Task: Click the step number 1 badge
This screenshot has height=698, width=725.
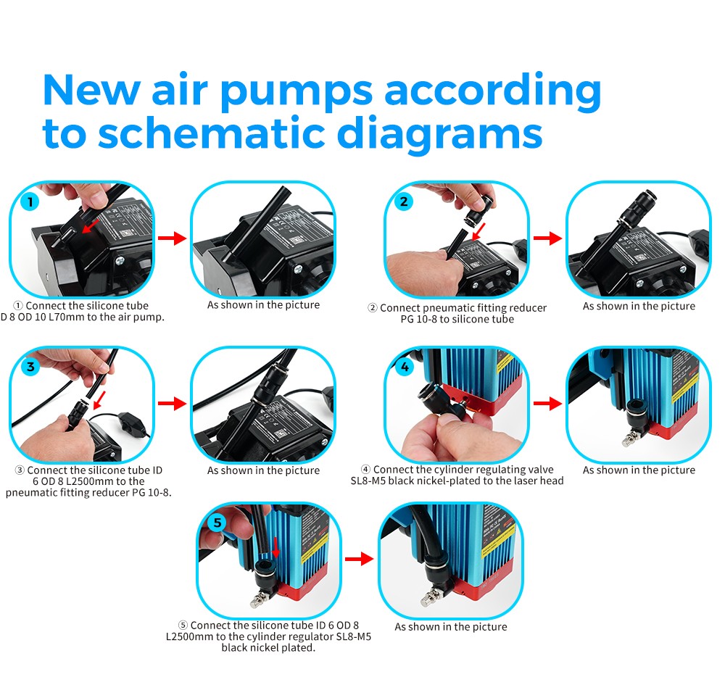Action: [x=29, y=201]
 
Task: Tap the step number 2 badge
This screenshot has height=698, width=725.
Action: [x=405, y=201]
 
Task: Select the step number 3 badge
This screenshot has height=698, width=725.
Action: [x=30, y=367]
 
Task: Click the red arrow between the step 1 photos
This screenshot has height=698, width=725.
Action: [x=172, y=239]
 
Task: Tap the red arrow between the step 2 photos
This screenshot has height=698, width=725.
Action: [x=547, y=238]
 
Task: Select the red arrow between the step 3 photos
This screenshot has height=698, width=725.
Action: [x=172, y=404]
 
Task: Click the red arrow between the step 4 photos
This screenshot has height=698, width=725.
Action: [x=547, y=404]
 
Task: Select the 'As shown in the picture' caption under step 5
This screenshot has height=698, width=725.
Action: [x=450, y=626]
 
